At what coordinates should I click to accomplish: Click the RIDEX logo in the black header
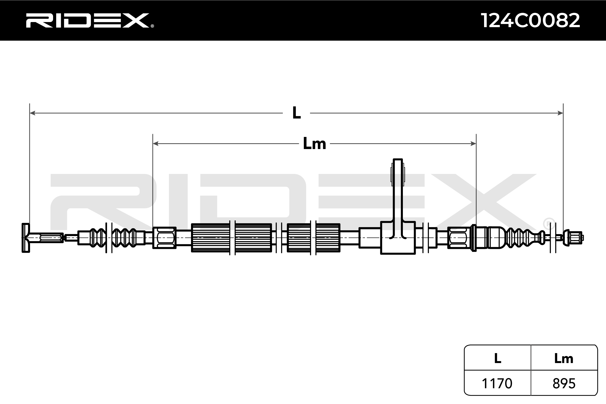[88, 20]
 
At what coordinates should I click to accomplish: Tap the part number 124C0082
[530, 20]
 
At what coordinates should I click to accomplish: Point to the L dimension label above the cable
[296, 113]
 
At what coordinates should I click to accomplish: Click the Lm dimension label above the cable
[314, 143]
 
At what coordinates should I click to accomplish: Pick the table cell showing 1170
[497, 383]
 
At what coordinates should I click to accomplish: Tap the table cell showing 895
[564, 383]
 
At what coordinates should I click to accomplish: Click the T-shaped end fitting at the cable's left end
[26, 238]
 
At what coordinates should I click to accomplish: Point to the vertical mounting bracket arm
[398, 191]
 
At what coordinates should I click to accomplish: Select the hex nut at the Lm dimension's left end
[164, 238]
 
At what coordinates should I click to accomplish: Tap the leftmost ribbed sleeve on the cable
[210, 238]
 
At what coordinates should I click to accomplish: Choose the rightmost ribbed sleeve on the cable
[328, 238]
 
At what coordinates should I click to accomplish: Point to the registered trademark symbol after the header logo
[152, 26]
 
